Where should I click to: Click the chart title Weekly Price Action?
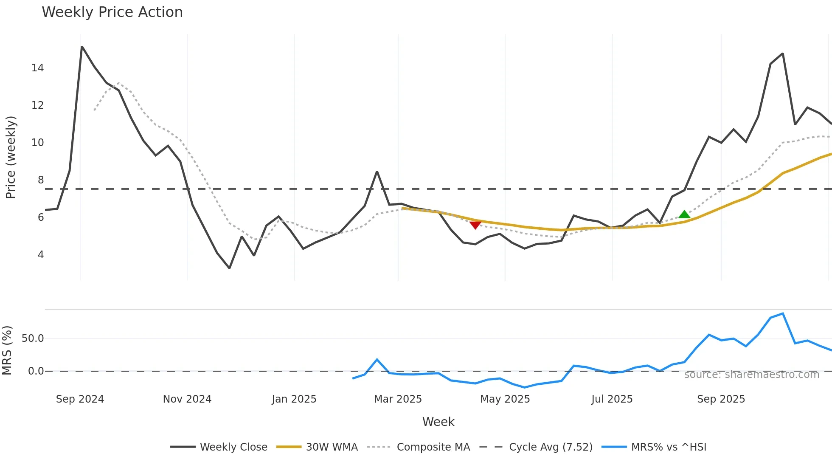pos(112,12)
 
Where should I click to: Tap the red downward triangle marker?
pos(475,225)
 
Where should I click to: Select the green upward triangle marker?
pos(684,214)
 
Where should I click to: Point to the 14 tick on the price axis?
pos(37,68)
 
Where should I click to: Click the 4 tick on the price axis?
pos(41,255)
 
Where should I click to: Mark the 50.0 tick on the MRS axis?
pos(33,338)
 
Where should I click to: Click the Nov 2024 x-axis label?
pos(187,399)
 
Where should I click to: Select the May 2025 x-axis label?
pos(505,399)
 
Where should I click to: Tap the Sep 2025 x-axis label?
pos(721,399)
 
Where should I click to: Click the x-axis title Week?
pos(438,422)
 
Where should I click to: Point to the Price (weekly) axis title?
pos(11,157)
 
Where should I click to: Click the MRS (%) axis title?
pos(7,350)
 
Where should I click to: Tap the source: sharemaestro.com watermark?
pos(751,375)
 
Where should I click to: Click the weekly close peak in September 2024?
pos(82,47)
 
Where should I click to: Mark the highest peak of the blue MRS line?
pos(783,314)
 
